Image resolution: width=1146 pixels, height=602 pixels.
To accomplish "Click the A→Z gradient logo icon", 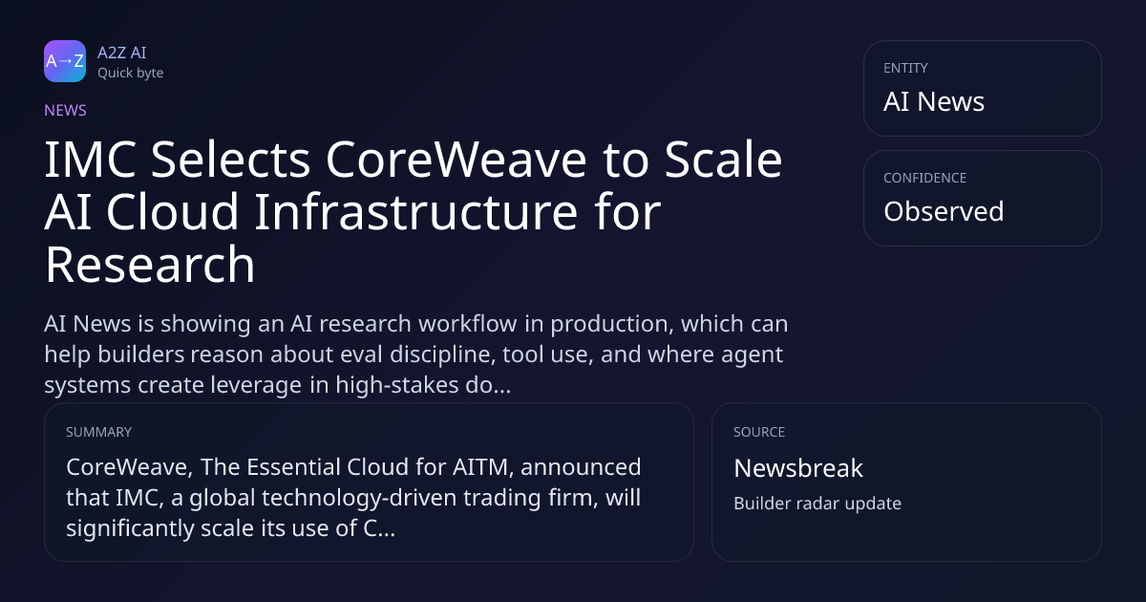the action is click(x=65, y=61).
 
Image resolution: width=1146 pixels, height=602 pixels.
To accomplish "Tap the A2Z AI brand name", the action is click(x=122, y=53).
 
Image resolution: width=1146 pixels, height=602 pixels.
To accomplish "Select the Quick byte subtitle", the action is click(x=131, y=74).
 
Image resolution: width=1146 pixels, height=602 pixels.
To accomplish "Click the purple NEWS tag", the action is click(x=66, y=110).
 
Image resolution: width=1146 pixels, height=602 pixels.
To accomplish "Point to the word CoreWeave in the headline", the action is click(x=456, y=160).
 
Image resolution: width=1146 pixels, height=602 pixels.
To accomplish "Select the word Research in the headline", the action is click(x=150, y=265).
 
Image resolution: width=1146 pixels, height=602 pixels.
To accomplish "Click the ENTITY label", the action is click(x=905, y=68).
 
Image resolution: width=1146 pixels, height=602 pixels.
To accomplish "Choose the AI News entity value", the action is click(x=934, y=101).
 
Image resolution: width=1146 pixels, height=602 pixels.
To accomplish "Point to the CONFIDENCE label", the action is click(x=925, y=178).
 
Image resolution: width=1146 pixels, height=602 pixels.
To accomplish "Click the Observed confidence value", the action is click(x=944, y=211).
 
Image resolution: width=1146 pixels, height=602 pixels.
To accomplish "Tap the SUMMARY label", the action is click(x=98, y=432).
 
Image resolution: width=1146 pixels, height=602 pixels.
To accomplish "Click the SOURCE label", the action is click(x=759, y=432).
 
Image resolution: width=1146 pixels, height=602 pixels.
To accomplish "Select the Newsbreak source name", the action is click(x=798, y=468).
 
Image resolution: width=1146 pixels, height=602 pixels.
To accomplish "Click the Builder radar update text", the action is click(x=817, y=504).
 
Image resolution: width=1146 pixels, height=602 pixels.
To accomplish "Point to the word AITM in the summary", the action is click(x=483, y=467).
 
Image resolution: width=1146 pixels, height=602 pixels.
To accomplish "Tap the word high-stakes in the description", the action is click(x=397, y=385).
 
